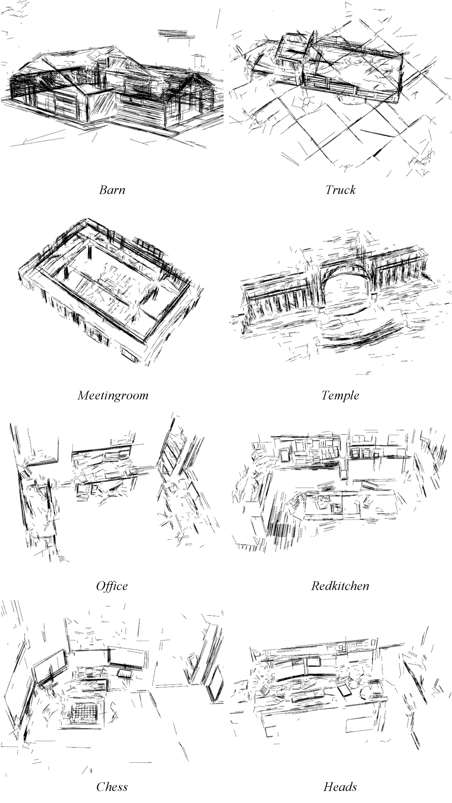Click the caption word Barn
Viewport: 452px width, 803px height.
(112, 190)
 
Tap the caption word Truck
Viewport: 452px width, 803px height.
(340, 190)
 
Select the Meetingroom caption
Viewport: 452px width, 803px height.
(113, 395)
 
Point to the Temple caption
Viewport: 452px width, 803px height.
(340, 395)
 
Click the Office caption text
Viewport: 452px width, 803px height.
(112, 586)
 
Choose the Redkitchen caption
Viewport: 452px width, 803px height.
(340, 586)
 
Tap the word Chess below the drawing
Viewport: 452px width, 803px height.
(112, 787)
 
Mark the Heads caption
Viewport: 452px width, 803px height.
(340, 787)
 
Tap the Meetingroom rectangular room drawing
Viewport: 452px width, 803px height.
(109, 290)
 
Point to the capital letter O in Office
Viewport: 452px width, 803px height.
(100, 586)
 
